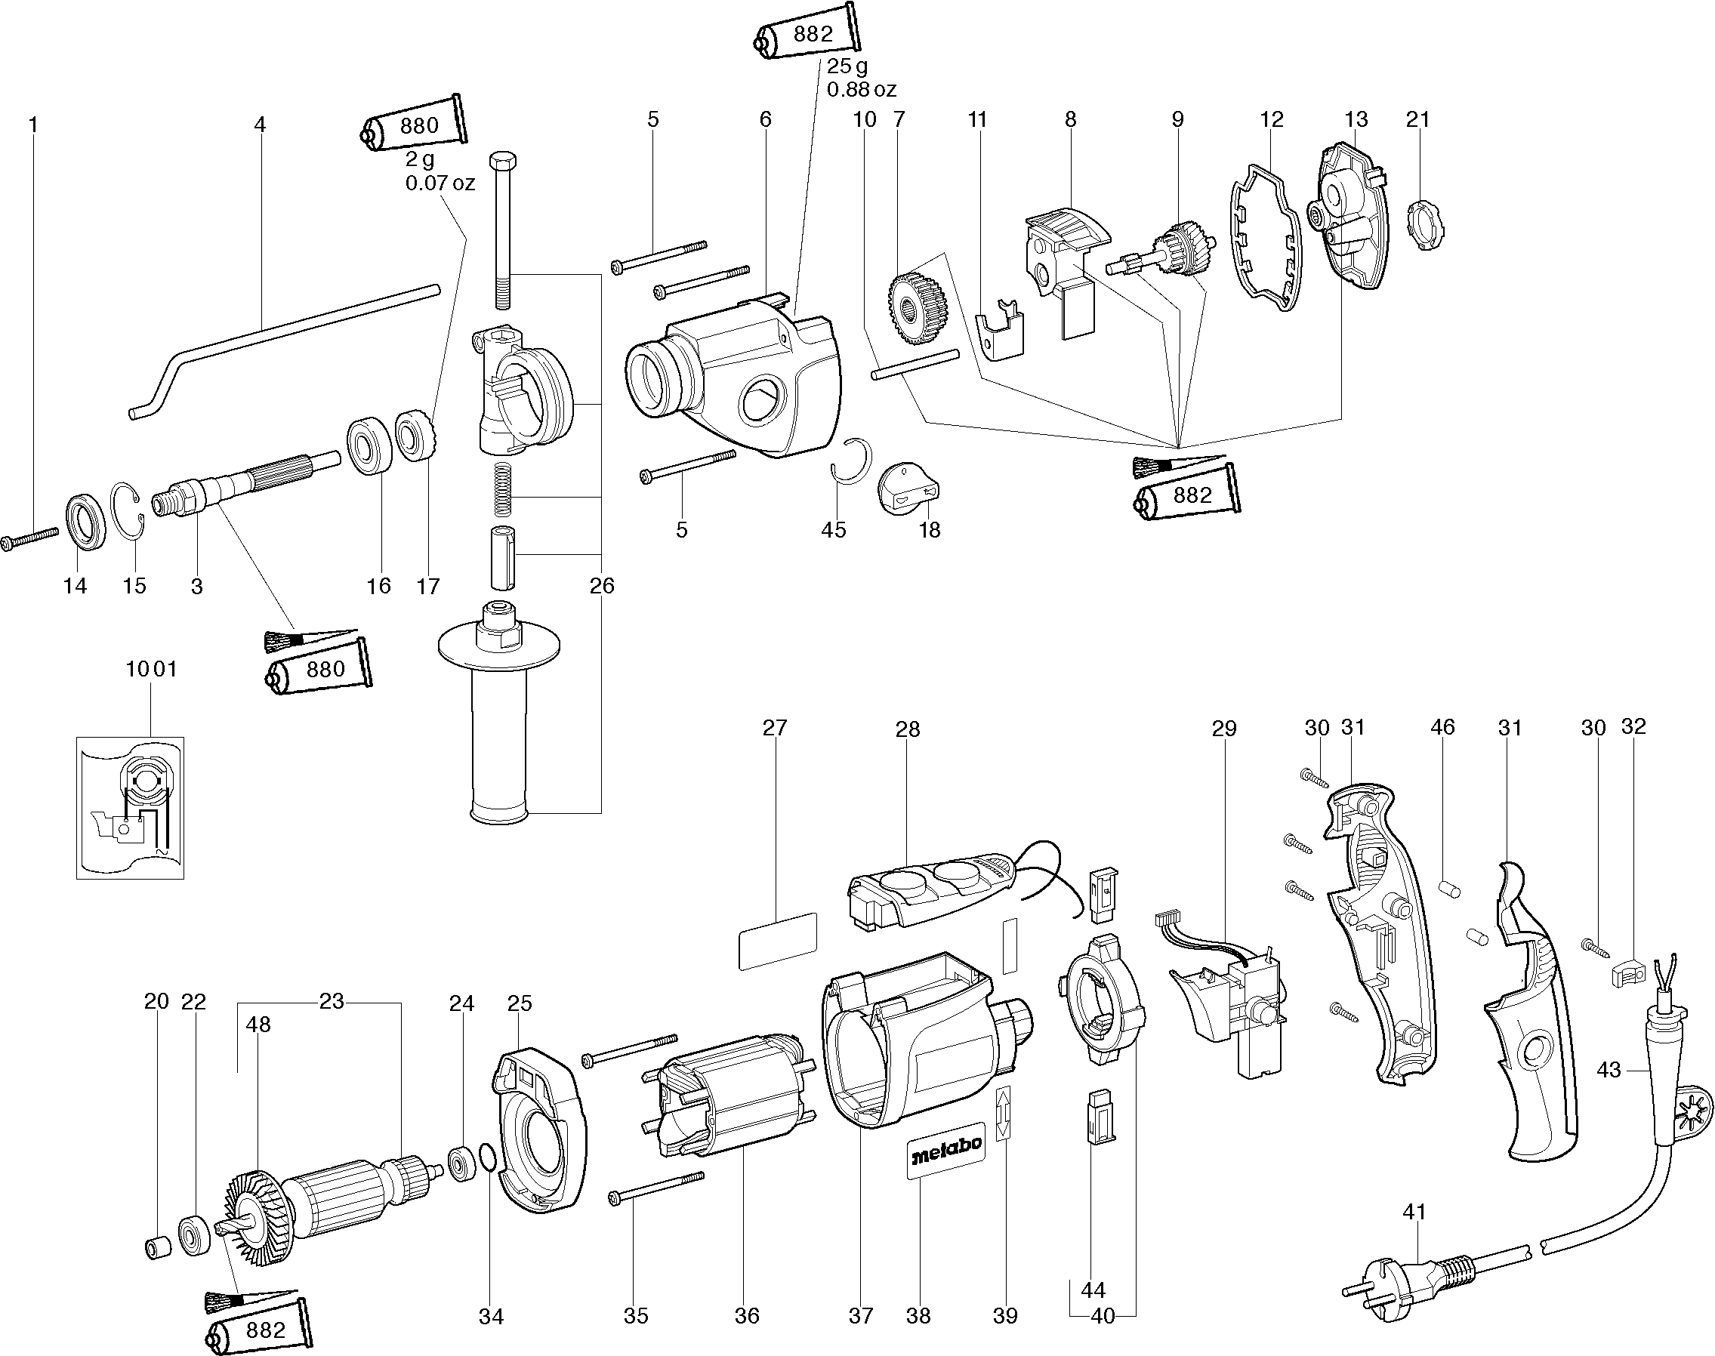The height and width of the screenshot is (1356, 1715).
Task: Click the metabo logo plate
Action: pyautogui.click(x=946, y=1150)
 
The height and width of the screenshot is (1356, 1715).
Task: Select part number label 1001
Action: pyautogui.click(x=151, y=669)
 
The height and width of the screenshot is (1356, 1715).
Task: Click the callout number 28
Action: pyautogui.click(x=908, y=729)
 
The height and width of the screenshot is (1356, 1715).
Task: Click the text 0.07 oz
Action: pyautogui.click(x=440, y=183)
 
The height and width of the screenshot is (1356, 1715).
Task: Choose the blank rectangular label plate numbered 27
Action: pyautogui.click(x=777, y=941)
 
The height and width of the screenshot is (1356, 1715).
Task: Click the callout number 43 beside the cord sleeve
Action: pyautogui.click(x=1608, y=1070)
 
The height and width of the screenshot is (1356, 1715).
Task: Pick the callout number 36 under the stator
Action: pyautogui.click(x=746, y=1315)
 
